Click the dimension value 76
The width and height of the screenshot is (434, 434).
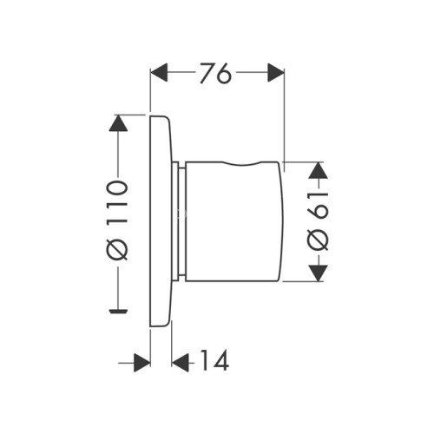[x=218, y=74]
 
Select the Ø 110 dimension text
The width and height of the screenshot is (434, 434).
[x=119, y=218]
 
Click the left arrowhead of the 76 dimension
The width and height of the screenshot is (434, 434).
[x=160, y=74]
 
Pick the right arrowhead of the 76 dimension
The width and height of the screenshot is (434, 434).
[x=276, y=74]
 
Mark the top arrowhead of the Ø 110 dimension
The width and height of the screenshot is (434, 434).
[x=119, y=124]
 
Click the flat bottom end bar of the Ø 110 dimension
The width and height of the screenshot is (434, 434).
[x=119, y=308]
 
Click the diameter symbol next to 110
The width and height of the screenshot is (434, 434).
[x=119, y=247]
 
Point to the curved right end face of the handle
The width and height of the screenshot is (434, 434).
[x=282, y=220]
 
